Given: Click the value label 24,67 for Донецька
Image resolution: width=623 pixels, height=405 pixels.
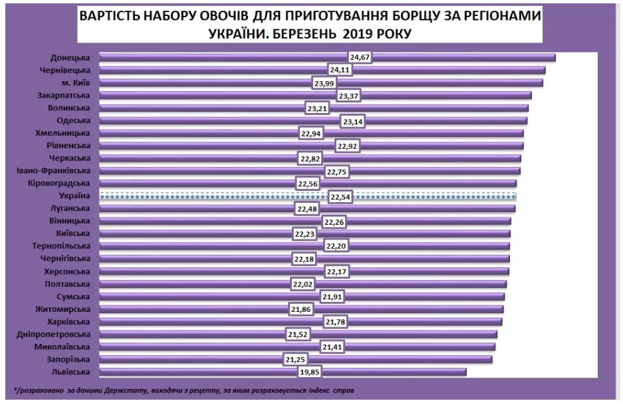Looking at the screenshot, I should point(359,58).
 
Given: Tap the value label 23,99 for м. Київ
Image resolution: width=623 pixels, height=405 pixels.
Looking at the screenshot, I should point(322,83).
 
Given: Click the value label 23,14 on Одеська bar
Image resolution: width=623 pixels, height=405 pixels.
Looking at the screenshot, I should point(352,121).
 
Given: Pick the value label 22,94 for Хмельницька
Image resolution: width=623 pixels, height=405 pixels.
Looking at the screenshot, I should point(311,133).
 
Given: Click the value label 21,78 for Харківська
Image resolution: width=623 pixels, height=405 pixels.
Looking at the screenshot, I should point(332,322).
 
